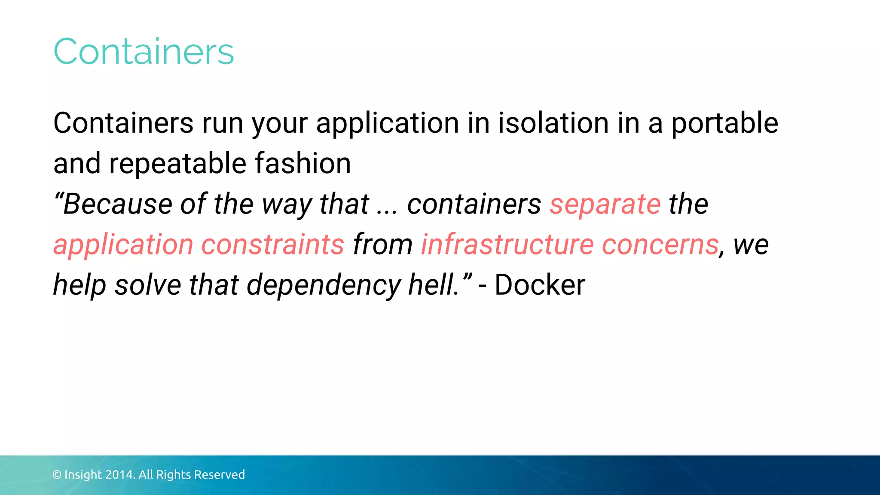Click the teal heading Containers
144,52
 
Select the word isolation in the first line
553,123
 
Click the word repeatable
177,164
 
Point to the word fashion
303,163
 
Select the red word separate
605,205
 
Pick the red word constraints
273,244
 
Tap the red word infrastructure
507,244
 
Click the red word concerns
660,245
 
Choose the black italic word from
383,244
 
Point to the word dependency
324,285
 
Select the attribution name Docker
540,284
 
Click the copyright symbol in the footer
57,475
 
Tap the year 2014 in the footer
120,474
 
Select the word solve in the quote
148,284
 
